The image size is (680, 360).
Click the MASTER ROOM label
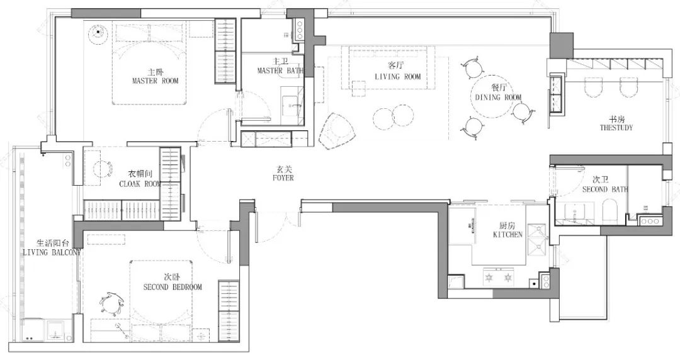[156, 81]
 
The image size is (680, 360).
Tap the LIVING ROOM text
[398, 77]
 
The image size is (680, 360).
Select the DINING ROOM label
[498, 97]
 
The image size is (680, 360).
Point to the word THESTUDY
[616, 128]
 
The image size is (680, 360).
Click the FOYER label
[283, 178]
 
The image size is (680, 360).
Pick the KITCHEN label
[508, 235]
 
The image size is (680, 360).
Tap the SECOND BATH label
[605, 189]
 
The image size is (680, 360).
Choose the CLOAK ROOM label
[140, 184]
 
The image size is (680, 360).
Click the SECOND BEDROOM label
[172, 287]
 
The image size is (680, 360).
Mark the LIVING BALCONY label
[52, 252]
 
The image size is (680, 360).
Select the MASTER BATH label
[281, 70]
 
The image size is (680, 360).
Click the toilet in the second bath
[609, 211]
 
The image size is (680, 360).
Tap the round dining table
[492, 97]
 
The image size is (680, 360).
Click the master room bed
[150, 64]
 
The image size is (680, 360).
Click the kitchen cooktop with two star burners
[499, 276]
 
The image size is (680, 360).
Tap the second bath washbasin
[575, 213]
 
